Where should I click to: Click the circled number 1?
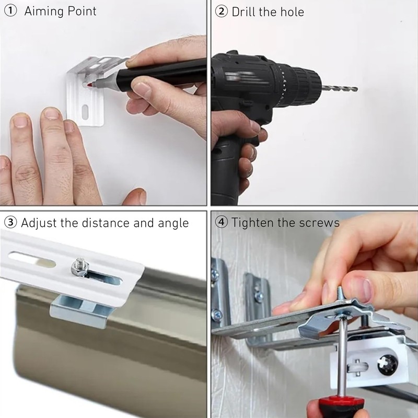pyautogui.click(x=10, y=11)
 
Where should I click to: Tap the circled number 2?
pyautogui.click(x=222, y=11)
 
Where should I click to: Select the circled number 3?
pyautogui.click(x=10, y=223)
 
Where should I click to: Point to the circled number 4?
pyautogui.click(x=222, y=223)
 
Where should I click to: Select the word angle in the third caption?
pyautogui.click(x=173, y=224)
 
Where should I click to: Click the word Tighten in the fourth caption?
pyautogui.click(x=252, y=223)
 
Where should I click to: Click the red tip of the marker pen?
pyautogui.click(x=89, y=85)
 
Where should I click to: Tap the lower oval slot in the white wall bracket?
pyautogui.click(x=85, y=112)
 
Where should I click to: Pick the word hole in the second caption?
pyautogui.click(x=293, y=11)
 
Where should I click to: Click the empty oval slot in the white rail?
pyautogui.click(x=32, y=259)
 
